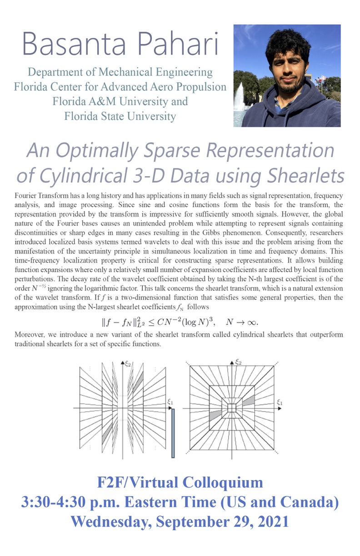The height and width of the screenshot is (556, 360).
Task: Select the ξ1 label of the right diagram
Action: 280,402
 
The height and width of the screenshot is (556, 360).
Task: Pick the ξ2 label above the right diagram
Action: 237,362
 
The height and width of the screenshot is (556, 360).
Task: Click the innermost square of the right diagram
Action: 232,407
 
